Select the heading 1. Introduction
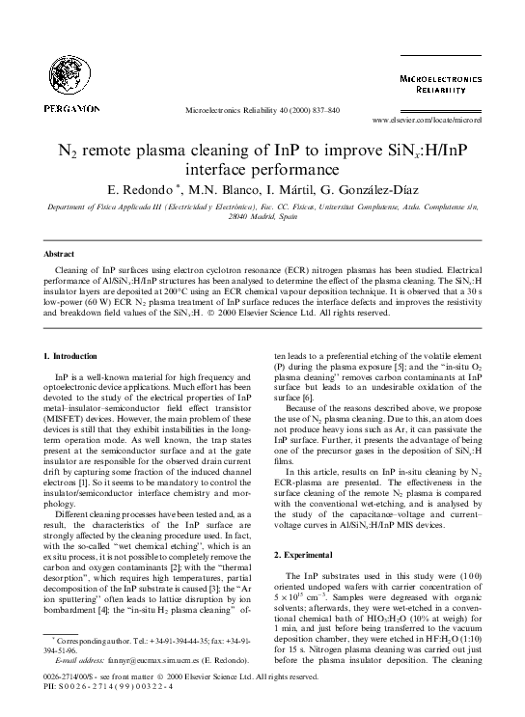[x=73, y=358]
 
